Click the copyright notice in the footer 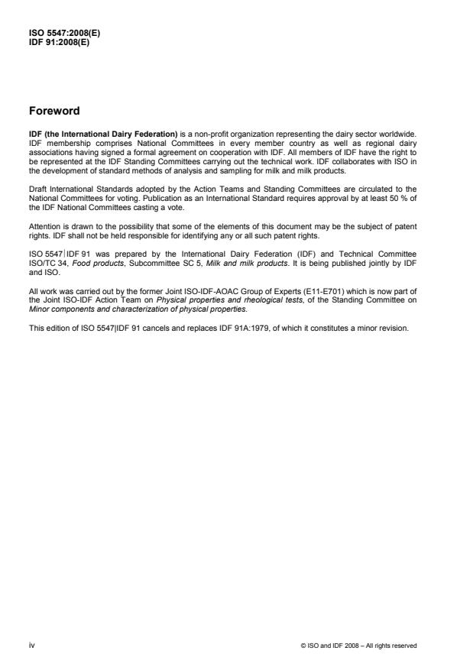359,646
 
